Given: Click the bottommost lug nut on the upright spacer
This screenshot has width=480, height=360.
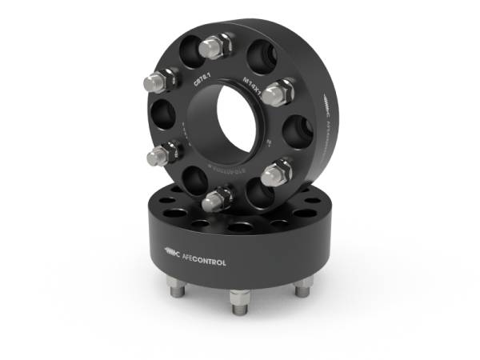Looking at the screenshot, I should point(216,199).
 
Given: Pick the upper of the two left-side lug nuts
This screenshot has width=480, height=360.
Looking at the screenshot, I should point(158,80).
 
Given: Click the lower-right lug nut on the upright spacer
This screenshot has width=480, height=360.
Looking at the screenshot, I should point(278,170).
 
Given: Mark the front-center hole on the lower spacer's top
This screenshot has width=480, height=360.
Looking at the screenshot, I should point(238,227).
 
